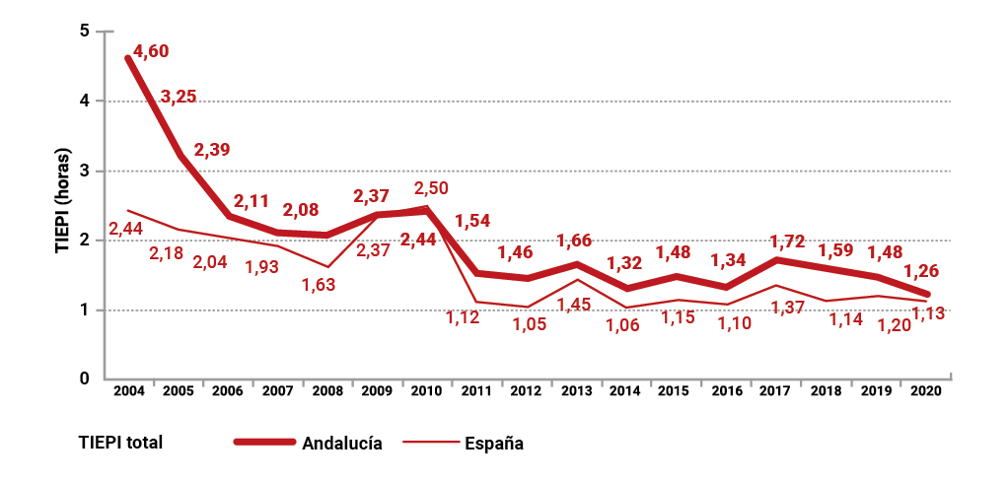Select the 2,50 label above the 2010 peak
coord(433,187)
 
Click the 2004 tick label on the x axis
coord(129,391)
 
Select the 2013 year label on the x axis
coord(576,391)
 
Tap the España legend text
coord(493,443)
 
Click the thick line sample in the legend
coord(264,442)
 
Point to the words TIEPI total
coord(120,443)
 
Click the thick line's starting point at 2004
coord(129,58)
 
